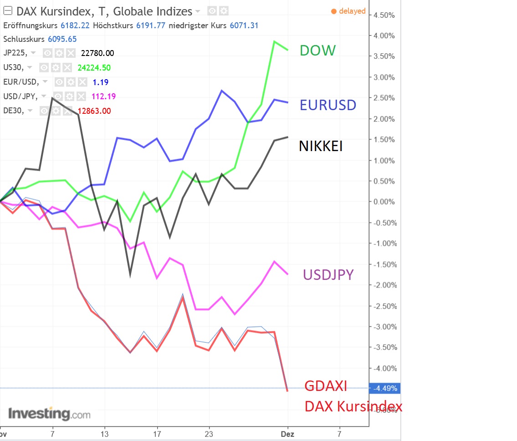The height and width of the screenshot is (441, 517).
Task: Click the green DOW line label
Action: coord(317,50)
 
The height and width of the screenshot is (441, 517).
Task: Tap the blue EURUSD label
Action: coord(328,105)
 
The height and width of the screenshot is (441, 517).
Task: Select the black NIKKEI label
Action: coord(321,146)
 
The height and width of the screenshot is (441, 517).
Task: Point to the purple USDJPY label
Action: coord(328,274)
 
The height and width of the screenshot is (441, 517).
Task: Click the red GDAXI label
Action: coord(326,386)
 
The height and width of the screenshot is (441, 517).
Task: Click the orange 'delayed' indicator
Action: coord(348,11)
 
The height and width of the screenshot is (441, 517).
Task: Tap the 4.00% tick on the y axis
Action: coord(384,35)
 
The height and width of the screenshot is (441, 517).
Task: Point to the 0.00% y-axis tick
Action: coord(384,202)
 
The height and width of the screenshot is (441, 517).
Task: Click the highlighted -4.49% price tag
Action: coord(385,389)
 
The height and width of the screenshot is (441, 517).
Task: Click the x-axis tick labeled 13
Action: coord(105,434)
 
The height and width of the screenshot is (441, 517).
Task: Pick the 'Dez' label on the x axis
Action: coord(287,434)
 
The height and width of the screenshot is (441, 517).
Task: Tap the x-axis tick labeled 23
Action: coord(209,434)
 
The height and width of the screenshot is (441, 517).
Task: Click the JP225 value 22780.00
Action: coord(97,53)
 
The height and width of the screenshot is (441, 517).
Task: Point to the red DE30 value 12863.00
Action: coord(94,111)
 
